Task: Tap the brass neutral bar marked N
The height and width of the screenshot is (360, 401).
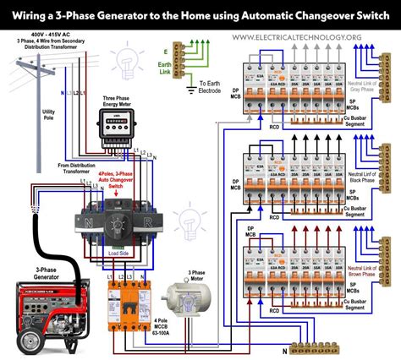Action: coord(329,345)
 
